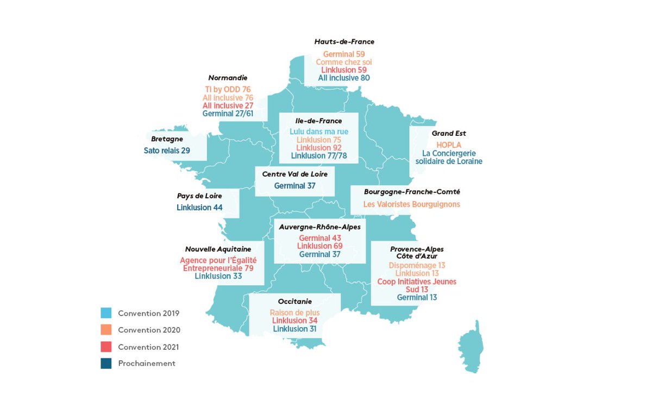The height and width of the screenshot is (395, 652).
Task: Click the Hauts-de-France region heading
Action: [344, 42]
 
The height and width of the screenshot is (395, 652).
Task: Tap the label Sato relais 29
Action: [167, 151]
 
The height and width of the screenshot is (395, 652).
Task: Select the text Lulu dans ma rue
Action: [318, 131]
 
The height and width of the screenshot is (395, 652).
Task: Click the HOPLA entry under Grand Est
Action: [449, 145]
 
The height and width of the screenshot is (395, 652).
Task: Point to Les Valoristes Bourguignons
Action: [412, 204]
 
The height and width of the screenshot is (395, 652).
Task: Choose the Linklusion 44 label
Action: [199, 208]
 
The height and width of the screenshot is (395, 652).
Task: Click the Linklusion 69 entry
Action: [319, 246]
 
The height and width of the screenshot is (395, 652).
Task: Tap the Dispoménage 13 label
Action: [417, 265]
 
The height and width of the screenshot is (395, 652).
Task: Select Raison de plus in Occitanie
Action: [294, 313]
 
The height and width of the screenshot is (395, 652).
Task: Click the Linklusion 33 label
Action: [218, 276]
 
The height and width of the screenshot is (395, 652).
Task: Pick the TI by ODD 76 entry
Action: [228, 89]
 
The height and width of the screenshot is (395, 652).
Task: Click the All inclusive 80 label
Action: [344, 78]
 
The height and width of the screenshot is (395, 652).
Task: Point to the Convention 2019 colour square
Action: [106, 313]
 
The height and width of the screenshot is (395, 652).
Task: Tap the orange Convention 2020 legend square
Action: [106, 330]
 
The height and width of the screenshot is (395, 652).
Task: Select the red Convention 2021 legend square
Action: [106, 347]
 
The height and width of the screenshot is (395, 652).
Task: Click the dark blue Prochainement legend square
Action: [106, 363]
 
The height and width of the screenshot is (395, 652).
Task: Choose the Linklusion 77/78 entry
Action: [318, 156]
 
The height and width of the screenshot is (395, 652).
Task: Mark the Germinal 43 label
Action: [319, 238]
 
